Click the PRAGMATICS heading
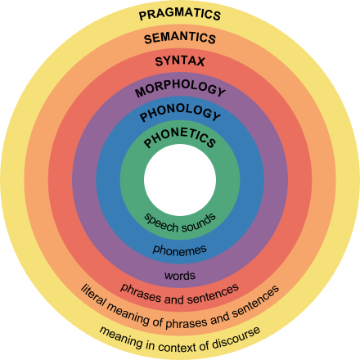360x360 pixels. (x=180, y=15)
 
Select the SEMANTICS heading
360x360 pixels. (x=180, y=38)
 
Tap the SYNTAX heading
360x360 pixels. (x=180, y=61)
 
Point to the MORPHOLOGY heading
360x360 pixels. (x=180, y=88)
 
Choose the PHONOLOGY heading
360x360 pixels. (x=180, y=113)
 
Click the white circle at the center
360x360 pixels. (x=180, y=181)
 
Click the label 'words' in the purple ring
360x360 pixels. (x=180, y=275)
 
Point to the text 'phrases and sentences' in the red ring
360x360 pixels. (x=180, y=289)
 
